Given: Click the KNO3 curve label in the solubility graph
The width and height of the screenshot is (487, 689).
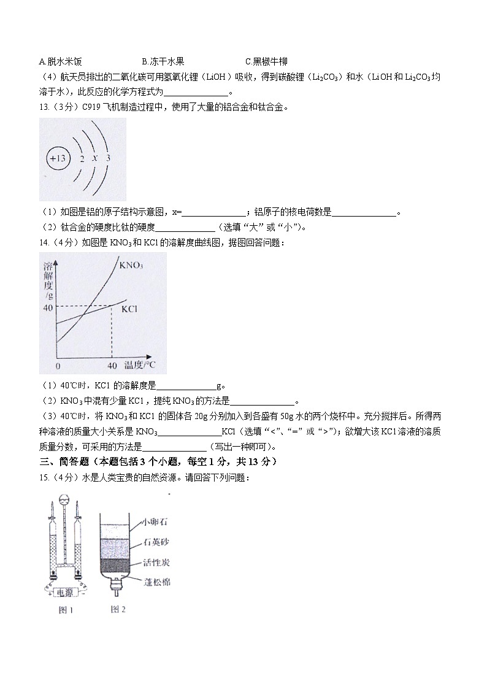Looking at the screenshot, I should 131,266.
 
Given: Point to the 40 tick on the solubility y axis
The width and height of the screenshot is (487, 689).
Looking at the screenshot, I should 48,307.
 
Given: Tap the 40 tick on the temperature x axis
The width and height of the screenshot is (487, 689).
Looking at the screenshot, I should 112,366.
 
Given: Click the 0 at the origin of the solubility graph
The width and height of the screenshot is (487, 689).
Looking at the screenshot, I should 57,366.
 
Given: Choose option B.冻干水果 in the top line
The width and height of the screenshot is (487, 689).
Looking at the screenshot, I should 163,61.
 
